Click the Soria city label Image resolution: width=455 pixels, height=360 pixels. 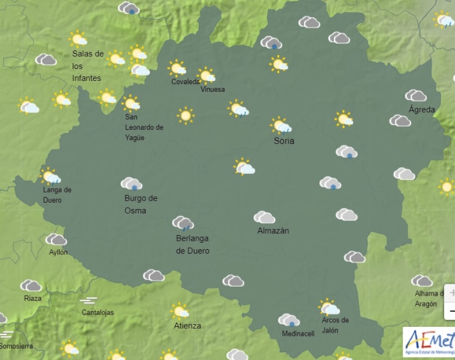[x=284, y=141]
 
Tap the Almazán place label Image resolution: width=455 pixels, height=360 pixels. [x=273, y=231]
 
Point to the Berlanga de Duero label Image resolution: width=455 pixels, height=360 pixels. [x=192, y=244]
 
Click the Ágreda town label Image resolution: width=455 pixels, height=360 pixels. [x=421, y=110]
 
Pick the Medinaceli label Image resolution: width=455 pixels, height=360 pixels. [x=298, y=334]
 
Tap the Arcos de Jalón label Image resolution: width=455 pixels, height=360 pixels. [x=335, y=325]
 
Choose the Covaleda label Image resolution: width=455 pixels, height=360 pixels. [x=184, y=82]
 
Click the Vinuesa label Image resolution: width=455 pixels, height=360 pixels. [x=212, y=90]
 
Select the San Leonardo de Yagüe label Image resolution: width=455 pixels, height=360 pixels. [x=144, y=127]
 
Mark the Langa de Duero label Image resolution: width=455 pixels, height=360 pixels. [x=57, y=195]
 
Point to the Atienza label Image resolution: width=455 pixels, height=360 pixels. [x=187, y=326]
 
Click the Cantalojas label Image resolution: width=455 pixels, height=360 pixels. [x=98, y=312]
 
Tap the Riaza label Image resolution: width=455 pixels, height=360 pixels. [x=32, y=298]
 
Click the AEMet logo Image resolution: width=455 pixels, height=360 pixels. [x=428, y=342]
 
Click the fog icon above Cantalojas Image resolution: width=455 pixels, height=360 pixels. [x=89, y=300]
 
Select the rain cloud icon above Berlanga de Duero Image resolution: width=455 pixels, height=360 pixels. [x=183, y=222]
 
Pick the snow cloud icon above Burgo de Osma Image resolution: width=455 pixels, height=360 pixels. [x=131, y=184]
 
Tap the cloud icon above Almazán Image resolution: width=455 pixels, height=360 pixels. [x=264, y=217]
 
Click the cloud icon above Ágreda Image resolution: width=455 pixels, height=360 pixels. [x=415, y=96]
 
